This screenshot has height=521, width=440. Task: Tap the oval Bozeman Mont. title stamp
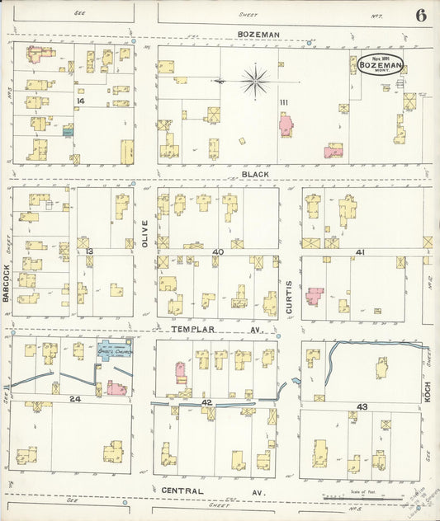point(380,64)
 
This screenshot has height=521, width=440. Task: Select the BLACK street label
point(255,175)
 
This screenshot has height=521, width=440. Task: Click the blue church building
point(115,350)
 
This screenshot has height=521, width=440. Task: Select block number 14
point(80,101)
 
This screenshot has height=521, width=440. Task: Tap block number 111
point(283,101)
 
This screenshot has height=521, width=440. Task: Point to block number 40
point(218,251)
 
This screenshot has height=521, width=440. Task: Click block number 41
point(360,251)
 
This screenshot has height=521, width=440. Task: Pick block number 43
point(362,406)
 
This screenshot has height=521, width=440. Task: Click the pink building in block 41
point(315,296)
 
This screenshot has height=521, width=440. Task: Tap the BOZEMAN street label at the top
point(258,34)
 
